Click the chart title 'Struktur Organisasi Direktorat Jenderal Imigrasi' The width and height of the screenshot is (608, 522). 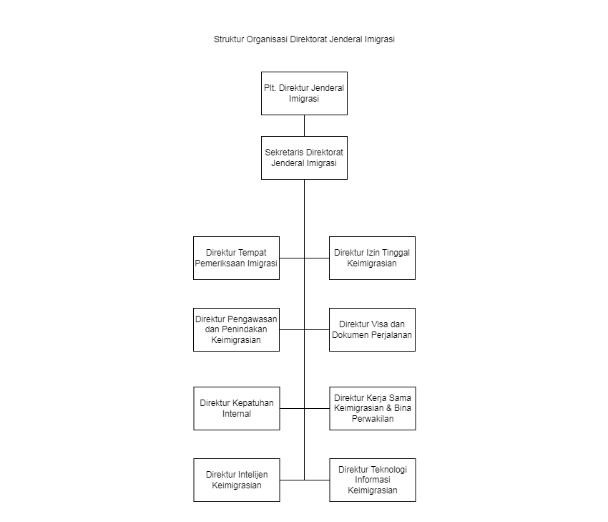(x=304, y=39)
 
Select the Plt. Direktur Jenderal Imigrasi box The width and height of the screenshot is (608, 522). (x=304, y=93)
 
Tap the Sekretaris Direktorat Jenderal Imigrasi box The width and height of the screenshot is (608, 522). (x=304, y=158)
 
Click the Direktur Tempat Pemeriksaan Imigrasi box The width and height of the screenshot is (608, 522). (x=236, y=258)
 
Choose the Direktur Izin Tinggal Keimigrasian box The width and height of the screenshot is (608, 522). (x=372, y=258)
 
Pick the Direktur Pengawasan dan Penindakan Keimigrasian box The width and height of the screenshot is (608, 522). (x=236, y=329)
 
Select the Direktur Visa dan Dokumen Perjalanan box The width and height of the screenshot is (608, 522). (x=372, y=329)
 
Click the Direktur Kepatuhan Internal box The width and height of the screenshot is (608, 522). (x=237, y=408)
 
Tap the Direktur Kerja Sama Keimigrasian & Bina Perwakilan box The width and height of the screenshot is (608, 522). (x=373, y=408)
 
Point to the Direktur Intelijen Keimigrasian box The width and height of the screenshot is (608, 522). (x=237, y=480)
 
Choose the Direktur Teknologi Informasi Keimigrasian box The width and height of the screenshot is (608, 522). (x=373, y=480)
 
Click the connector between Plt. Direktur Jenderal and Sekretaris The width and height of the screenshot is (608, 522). (x=305, y=126)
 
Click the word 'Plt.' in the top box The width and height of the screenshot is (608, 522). (x=270, y=88)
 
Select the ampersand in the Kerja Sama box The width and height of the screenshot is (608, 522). (x=388, y=408)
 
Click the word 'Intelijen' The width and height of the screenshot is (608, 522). (x=252, y=475)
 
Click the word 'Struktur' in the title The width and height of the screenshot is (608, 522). (x=229, y=39)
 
